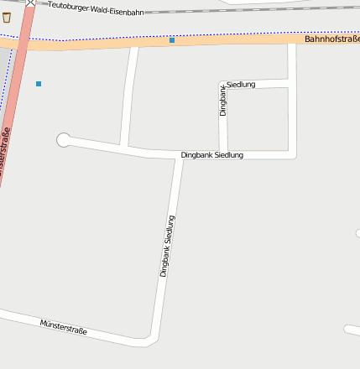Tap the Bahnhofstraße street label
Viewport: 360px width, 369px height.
pos(331,39)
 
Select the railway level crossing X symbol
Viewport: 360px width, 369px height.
pos(30,3)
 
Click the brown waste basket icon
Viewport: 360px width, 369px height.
pos(7,17)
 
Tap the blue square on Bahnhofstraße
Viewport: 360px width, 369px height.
pos(172,40)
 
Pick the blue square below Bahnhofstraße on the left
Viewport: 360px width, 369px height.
pos(39,84)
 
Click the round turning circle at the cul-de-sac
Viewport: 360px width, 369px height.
pos(63,139)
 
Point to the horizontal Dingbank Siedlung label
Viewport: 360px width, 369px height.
pos(212,155)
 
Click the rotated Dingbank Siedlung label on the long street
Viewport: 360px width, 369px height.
pos(170,246)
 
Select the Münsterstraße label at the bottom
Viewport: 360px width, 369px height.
pos(64,326)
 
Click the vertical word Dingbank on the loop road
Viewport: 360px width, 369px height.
pos(223,98)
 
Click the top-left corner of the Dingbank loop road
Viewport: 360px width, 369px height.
pos(223,85)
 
